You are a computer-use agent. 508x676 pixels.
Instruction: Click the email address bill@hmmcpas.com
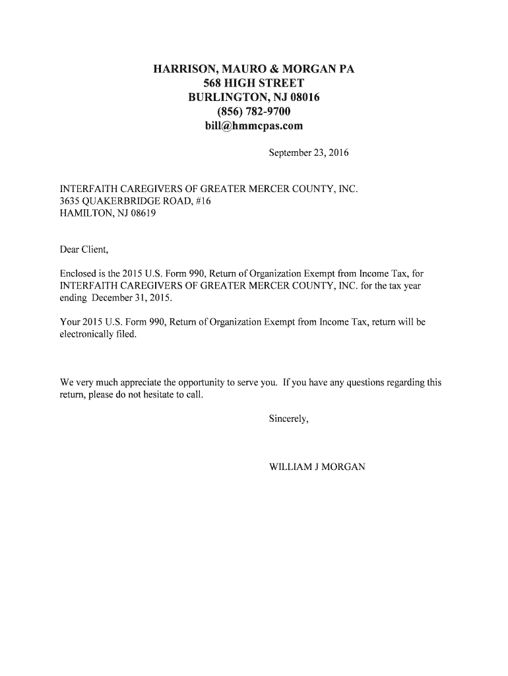[x=254, y=125]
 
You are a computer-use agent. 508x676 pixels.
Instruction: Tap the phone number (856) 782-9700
[x=254, y=112]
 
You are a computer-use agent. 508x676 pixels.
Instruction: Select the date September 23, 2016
[x=308, y=153]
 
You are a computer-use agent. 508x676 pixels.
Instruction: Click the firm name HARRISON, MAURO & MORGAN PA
[x=254, y=69]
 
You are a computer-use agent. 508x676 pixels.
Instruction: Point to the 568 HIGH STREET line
[x=254, y=83]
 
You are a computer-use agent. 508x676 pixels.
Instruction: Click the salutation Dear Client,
[x=84, y=250]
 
